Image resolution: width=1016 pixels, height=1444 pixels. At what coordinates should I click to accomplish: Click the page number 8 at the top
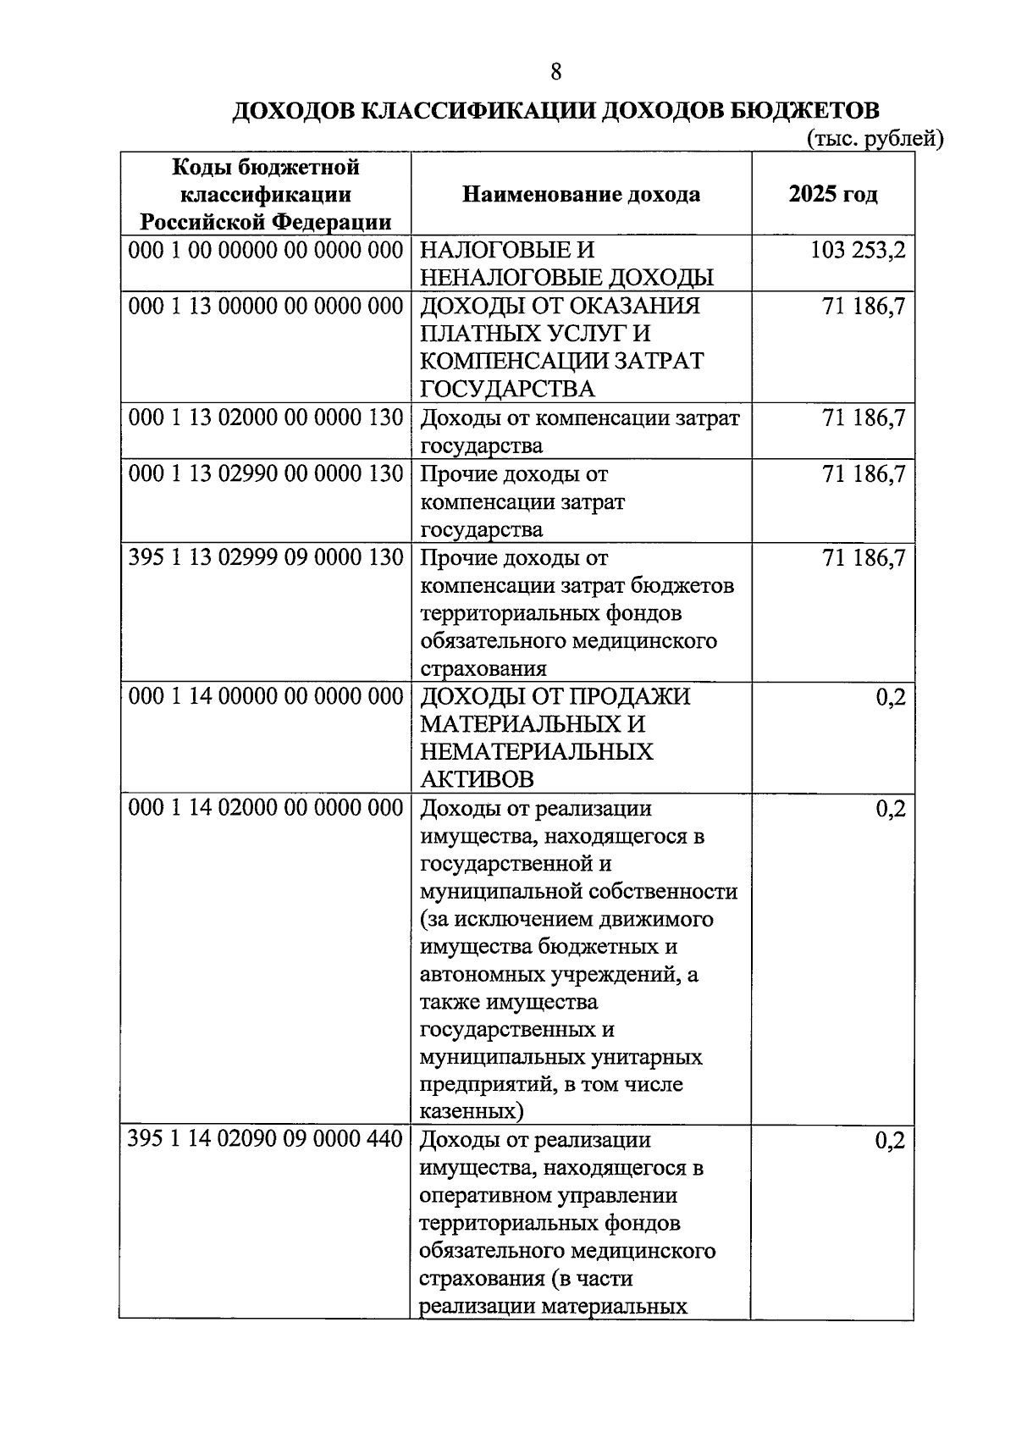(555, 72)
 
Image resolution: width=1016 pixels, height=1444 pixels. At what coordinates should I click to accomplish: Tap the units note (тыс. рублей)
(875, 138)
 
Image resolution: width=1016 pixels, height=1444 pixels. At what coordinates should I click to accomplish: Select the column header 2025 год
(833, 194)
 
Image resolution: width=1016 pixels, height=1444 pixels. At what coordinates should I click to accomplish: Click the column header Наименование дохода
(581, 194)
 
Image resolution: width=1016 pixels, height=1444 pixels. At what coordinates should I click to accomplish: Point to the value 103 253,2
(857, 251)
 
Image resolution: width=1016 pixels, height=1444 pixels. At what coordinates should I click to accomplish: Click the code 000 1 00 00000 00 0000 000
(265, 251)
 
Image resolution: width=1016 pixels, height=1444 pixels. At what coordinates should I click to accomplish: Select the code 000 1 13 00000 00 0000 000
(265, 306)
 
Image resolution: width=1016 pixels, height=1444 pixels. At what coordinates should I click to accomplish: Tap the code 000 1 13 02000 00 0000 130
(265, 418)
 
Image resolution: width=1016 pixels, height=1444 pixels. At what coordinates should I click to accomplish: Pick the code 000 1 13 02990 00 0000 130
(265, 473)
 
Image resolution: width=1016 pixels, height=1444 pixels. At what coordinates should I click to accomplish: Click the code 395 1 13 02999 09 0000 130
(265, 557)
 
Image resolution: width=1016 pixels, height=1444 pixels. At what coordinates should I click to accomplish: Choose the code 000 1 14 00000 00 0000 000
(265, 696)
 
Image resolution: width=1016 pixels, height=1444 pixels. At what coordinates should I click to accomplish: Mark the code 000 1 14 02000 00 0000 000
(265, 808)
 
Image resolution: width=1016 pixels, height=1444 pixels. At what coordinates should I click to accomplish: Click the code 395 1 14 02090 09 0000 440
(265, 1139)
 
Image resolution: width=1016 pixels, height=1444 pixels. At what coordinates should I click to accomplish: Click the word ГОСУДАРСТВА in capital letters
(506, 389)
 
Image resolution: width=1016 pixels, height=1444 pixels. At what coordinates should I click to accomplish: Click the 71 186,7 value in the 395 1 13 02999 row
(864, 558)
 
